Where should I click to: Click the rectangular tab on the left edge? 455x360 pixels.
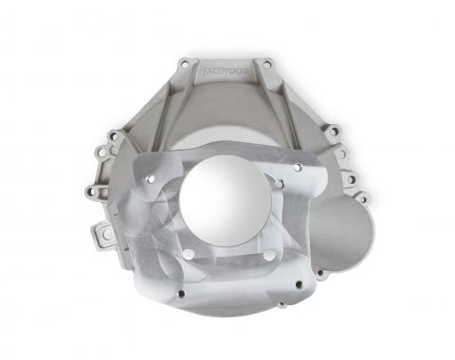(107, 231)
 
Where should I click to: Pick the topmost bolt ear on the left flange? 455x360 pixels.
(113, 136)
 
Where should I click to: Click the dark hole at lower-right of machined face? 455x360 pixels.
(298, 283)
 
